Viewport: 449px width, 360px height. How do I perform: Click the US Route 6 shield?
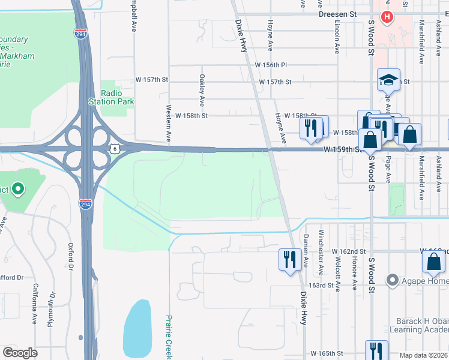(114, 147)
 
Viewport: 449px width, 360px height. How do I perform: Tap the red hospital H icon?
(387, 17)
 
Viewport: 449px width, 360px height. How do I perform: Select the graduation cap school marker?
(388, 79)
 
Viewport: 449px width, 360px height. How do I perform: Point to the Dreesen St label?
(337, 13)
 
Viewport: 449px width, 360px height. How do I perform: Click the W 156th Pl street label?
(271, 65)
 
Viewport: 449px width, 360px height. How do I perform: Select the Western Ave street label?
(168, 123)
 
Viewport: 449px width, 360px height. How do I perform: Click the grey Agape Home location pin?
(393, 280)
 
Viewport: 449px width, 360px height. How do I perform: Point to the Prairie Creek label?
(169, 337)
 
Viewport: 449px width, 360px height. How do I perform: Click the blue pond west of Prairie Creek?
(137, 330)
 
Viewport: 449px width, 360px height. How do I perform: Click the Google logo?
(20, 353)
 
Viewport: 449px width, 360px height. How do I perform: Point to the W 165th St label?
(327, 354)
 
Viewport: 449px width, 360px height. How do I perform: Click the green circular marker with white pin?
(17, 190)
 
